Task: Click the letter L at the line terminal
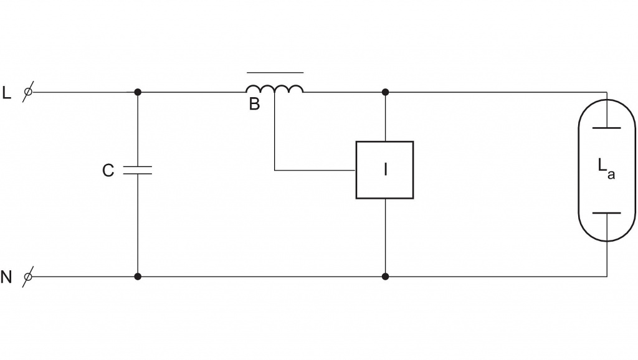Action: click(7, 93)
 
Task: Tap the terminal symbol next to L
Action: click(28, 92)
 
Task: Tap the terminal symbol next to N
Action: click(28, 276)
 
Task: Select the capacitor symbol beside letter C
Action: click(138, 170)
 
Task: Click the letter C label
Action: click(108, 171)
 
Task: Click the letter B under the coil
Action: click(254, 105)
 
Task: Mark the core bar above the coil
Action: click(275, 72)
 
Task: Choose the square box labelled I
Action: click(384, 170)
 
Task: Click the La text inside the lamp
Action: click(606, 168)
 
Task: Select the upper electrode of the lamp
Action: click(606, 127)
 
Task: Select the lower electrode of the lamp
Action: click(606, 213)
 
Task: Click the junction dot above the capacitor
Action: click(138, 92)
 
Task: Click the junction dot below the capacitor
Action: click(138, 276)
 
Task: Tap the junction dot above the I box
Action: click(385, 92)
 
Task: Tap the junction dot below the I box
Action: click(385, 276)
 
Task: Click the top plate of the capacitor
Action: click(138, 166)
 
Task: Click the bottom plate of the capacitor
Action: click(138, 174)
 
